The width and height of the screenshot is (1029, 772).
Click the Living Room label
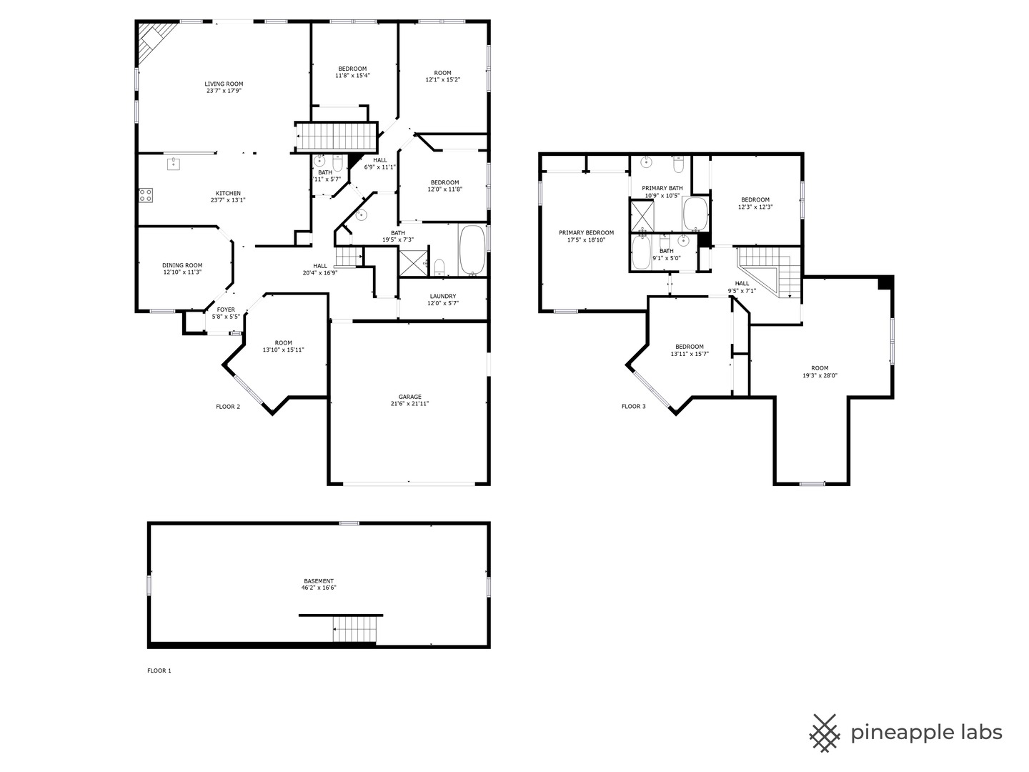[224, 84]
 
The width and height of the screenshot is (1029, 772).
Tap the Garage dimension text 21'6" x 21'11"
[409, 404]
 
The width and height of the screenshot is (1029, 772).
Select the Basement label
[319, 581]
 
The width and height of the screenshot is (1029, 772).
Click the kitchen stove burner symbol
[146, 194]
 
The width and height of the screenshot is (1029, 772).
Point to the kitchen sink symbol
[174, 164]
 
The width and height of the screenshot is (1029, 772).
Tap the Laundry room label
[443, 296]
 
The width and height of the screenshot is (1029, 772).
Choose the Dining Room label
[182, 265]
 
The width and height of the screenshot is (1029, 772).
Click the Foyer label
[226, 310]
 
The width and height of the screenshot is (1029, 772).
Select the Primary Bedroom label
[586, 232]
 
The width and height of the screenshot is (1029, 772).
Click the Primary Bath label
[662, 188]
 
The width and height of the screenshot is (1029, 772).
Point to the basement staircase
[355, 630]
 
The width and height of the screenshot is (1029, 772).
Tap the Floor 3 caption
[633, 407]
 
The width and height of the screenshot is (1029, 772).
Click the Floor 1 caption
[159, 670]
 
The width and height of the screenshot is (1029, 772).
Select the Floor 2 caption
[228, 407]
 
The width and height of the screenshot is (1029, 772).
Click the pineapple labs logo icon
[824, 733]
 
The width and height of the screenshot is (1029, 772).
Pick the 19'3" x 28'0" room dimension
[820, 375]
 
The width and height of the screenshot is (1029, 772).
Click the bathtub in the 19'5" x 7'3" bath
[472, 250]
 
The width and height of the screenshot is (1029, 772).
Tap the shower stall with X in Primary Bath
[641, 215]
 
